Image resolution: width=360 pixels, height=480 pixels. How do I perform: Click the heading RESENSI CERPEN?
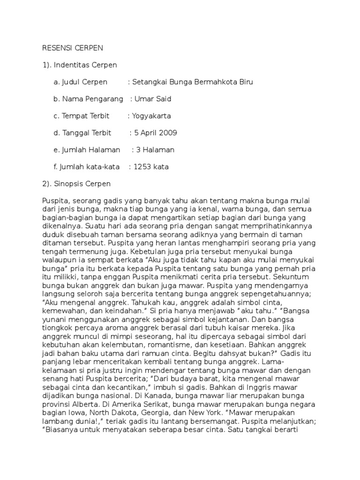coord(72,48)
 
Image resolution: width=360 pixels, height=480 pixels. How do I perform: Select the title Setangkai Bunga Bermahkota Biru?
coord(193,82)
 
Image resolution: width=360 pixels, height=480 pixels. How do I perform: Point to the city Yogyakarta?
coord(151,116)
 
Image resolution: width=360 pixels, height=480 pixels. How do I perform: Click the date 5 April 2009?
coord(156,133)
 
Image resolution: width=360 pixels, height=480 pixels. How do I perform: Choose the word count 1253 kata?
coord(151,166)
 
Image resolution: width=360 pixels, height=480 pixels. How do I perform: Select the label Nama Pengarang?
coord(89,99)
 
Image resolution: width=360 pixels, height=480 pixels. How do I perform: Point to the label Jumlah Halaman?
coord(87,150)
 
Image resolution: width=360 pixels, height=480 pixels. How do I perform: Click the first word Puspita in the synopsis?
coord(55,201)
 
